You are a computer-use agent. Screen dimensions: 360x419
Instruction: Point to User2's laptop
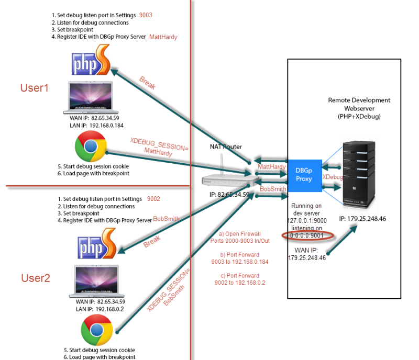96,282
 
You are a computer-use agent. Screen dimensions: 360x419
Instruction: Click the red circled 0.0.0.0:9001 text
308,235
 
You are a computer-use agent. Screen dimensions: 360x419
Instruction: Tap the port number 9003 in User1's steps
146,15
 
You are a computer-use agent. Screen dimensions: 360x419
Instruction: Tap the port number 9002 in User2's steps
153,199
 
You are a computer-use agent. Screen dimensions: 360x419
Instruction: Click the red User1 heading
35,87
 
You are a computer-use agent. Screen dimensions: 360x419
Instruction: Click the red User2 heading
36,278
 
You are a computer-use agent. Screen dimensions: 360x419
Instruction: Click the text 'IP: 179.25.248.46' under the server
362,218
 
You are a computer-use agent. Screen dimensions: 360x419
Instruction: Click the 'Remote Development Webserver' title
359,104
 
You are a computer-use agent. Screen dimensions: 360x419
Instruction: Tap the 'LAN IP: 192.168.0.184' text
92,125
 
